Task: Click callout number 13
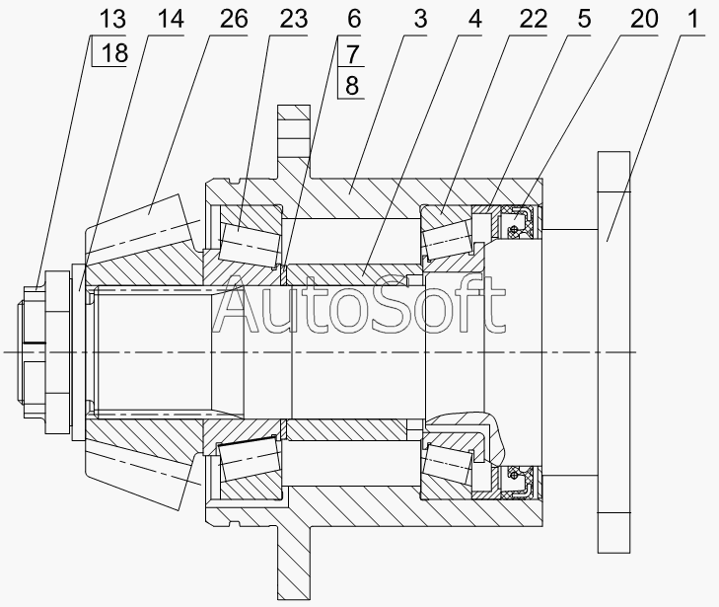(112, 20)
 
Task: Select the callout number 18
(114, 52)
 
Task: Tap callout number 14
(171, 20)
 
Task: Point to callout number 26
(234, 20)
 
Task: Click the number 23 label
(294, 20)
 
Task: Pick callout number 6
(354, 20)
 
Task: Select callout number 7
(352, 54)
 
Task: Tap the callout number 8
(352, 85)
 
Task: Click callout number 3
(420, 20)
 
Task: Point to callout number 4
(475, 20)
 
